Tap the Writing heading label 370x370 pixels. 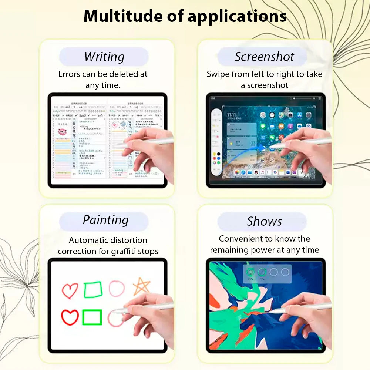pyautogui.click(x=104, y=57)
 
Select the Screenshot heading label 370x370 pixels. pyautogui.click(x=264, y=57)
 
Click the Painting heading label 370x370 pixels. pyautogui.click(x=105, y=220)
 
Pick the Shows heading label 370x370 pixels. pyautogui.click(x=264, y=221)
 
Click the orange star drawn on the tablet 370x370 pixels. pyautogui.click(x=142, y=286)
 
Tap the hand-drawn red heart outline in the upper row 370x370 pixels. pyautogui.click(x=70, y=290)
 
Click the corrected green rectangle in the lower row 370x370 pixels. pyautogui.click(x=92, y=317)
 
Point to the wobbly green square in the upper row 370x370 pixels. pyautogui.click(x=93, y=290)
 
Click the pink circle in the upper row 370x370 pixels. pyautogui.click(x=117, y=289)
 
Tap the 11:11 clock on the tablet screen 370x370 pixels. pyautogui.click(x=232, y=115)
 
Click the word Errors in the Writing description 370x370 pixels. pyautogui.click(x=69, y=74)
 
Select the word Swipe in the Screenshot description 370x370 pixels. pyautogui.click(x=218, y=74)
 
